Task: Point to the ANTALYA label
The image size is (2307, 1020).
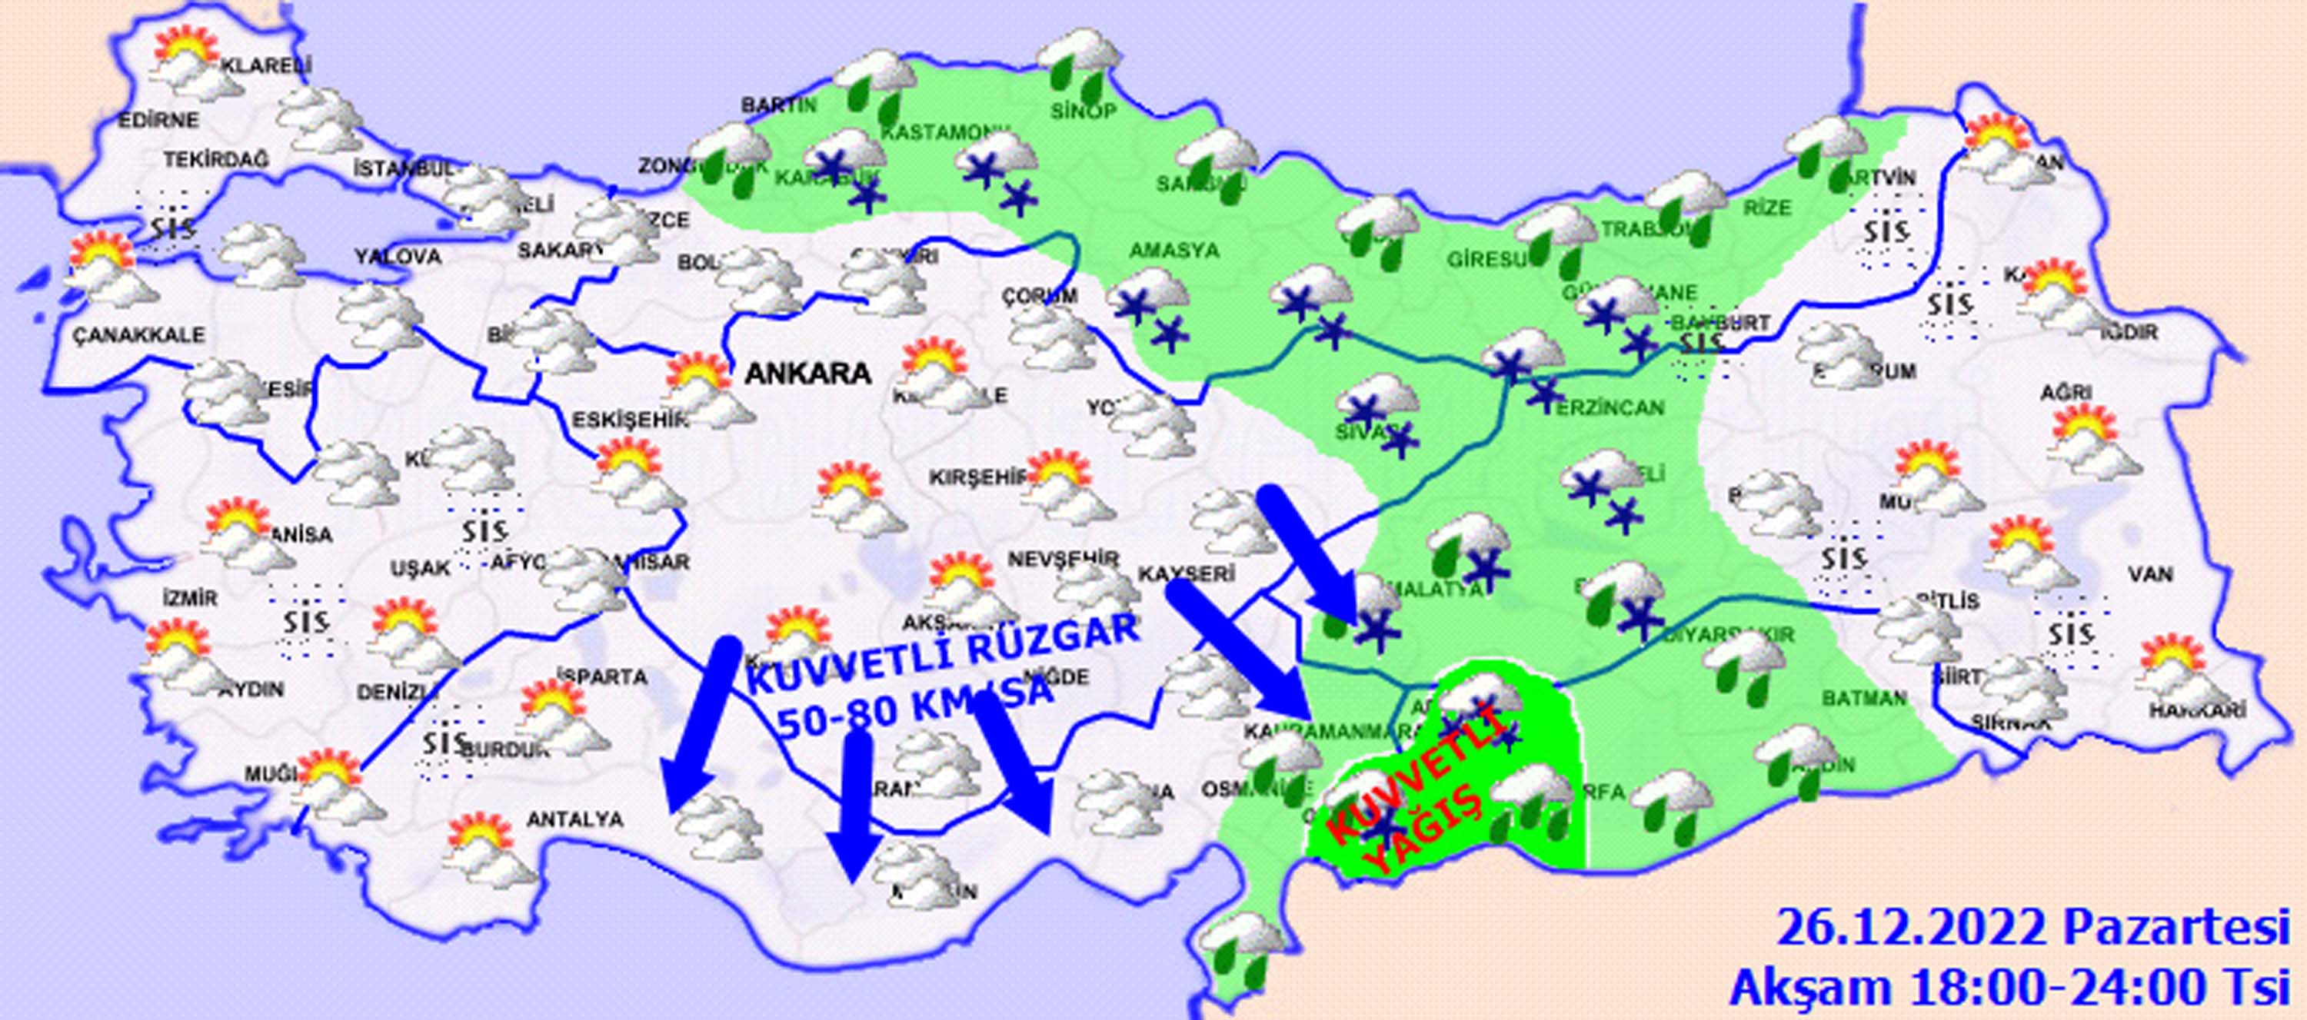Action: (x=575, y=819)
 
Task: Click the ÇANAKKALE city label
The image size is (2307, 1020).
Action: (x=139, y=336)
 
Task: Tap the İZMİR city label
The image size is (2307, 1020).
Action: (x=189, y=596)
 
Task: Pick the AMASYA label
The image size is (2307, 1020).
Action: (x=1174, y=251)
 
